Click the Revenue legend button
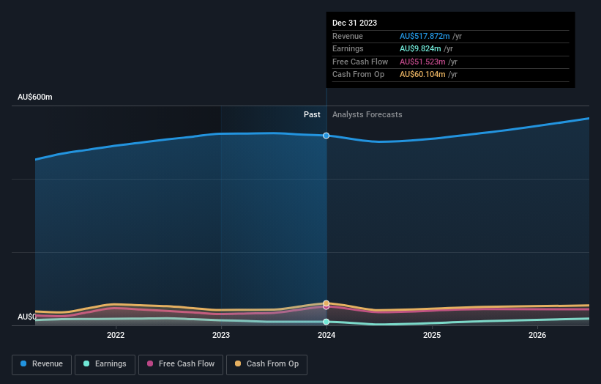[x=42, y=364]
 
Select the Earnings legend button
[x=105, y=364]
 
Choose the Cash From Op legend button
[x=266, y=364]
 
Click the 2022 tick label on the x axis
[x=116, y=336]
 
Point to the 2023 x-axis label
[x=221, y=336]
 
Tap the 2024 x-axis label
[x=326, y=336]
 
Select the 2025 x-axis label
[x=432, y=336]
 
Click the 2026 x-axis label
[x=537, y=336]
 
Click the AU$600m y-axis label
[x=35, y=97]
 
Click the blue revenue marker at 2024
[x=326, y=136]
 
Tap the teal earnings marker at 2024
[x=326, y=322]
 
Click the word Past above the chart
[x=312, y=115]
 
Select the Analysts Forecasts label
[x=367, y=115]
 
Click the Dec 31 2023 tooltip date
[x=354, y=23]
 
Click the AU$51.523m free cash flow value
[x=422, y=62]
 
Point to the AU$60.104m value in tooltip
[x=422, y=75]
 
